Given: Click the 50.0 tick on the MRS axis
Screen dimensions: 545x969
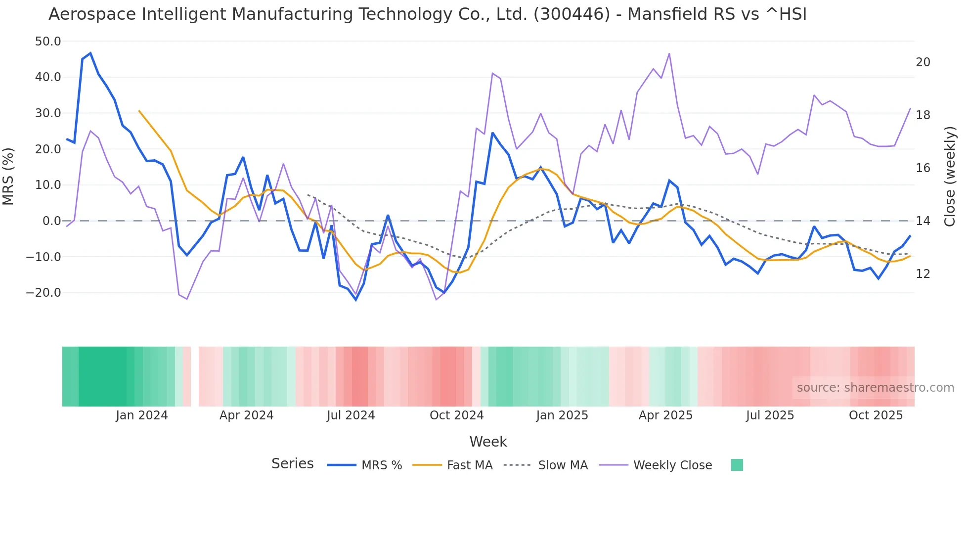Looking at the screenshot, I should pos(48,42).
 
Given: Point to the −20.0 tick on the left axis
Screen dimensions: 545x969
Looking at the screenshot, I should pos(44,293).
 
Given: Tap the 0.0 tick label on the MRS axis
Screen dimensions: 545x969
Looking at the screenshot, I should pos(52,221).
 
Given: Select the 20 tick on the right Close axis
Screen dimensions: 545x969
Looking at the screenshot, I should pos(923,62).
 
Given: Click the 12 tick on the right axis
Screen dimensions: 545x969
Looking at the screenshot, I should pos(923,274).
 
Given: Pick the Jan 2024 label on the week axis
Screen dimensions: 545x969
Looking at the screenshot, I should pos(142,415).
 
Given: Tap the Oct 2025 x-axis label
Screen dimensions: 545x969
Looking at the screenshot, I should pos(876,415).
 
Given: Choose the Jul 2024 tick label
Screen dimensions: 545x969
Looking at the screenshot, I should pos(351,415).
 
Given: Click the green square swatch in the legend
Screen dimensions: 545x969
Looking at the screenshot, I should pos(737,465).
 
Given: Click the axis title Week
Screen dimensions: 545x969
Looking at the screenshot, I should pos(488,442).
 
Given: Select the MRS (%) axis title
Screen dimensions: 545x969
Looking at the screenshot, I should pos(8,176).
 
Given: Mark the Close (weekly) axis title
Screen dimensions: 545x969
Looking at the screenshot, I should pos(949,176).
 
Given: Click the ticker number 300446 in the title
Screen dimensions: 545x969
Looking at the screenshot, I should pos(572,14).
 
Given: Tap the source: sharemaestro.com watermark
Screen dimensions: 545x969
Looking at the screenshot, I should pos(875,388).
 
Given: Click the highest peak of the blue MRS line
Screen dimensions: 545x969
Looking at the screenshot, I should pos(90,53).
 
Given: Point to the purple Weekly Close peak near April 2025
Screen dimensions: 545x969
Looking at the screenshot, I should pos(669,54).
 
